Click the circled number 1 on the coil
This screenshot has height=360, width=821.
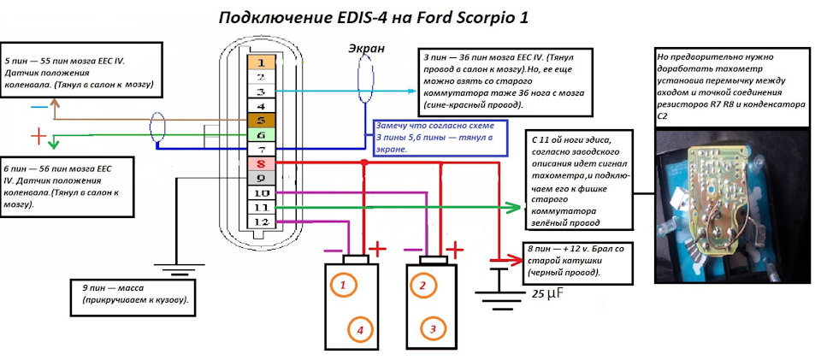point(342,285)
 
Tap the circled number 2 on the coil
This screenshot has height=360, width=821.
point(421,285)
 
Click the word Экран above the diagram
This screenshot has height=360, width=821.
point(366,49)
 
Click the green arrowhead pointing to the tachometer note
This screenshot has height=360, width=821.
point(514,207)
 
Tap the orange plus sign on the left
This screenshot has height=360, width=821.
point(38,136)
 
